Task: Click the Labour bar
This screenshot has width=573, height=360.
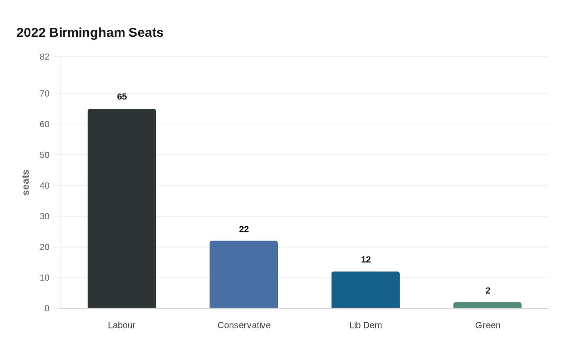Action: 122,209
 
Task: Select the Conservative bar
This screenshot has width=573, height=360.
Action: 244,274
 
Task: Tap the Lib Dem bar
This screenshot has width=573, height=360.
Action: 365,290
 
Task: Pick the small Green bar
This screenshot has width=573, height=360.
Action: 487,305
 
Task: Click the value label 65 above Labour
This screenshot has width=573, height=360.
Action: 122,97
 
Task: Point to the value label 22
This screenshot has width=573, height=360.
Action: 244,229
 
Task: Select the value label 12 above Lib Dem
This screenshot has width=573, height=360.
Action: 366,259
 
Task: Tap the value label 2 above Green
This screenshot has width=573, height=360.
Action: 488,290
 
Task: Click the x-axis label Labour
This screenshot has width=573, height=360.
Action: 122,325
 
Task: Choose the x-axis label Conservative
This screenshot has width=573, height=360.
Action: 244,325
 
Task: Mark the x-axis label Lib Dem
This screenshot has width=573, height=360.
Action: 365,325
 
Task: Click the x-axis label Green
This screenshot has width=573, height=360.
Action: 488,325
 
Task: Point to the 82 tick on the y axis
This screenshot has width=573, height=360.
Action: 45,57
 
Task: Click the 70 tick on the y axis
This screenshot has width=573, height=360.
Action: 45,94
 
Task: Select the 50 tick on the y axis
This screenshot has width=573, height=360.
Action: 45,155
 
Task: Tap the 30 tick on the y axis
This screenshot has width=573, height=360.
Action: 45,216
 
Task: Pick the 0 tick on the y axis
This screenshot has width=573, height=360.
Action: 47,308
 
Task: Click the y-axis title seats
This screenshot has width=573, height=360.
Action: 26,182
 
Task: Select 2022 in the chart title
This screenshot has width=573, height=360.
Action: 31,33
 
